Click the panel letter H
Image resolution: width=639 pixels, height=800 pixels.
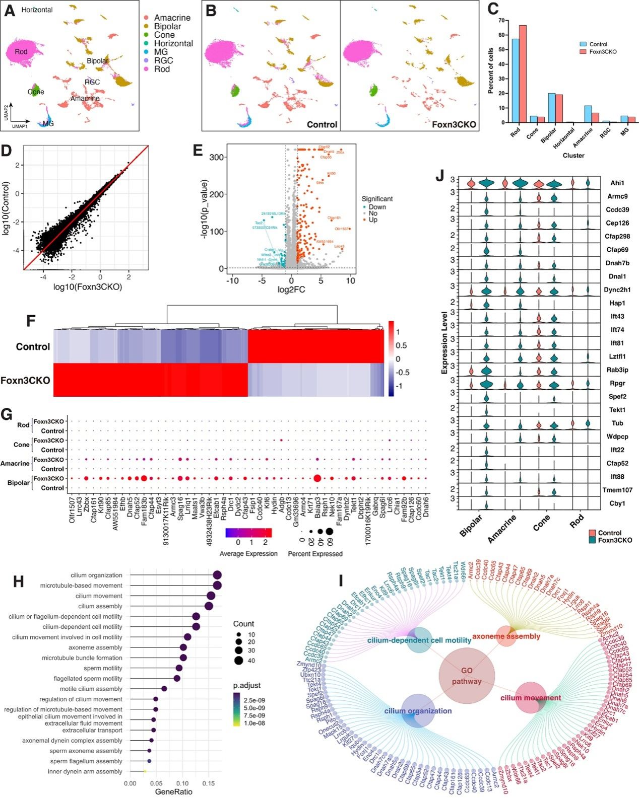[x=18, y=582]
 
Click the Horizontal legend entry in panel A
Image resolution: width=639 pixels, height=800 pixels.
[x=173, y=43]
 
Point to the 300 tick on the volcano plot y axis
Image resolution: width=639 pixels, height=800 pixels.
[x=217, y=157]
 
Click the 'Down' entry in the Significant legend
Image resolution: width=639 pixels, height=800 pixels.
[x=377, y=207]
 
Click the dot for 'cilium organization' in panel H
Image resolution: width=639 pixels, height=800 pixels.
[x=217, y=575]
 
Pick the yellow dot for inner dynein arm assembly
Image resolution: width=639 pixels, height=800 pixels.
[x=145, y=771]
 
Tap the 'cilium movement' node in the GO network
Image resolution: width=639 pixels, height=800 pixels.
[x=531, y=698]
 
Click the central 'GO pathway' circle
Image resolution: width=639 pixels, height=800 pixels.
[x=467, y=676]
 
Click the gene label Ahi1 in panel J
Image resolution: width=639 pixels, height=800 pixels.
[x=618, y=183]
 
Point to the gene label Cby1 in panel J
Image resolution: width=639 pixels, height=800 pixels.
[x=617, y=503]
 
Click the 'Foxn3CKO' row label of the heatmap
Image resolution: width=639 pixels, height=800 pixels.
[x=25, y=380]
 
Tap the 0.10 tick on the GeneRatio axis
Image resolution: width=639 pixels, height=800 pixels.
[x=182, y=783]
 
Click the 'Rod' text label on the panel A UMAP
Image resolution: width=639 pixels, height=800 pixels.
[x=21, y=52]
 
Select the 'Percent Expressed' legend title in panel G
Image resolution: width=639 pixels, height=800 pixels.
[x=315, y=554]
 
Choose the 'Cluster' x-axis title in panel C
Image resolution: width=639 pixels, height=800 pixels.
[x=573, y=156]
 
